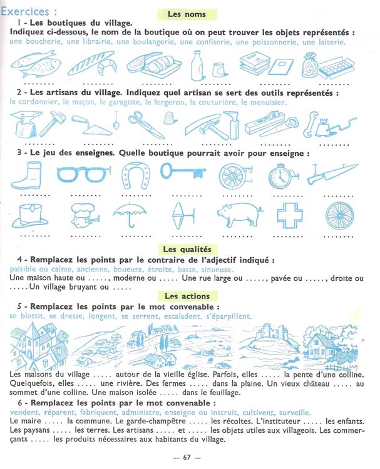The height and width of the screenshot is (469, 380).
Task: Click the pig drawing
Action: tap(240, 214)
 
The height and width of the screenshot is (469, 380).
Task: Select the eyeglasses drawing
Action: tap(83, 174)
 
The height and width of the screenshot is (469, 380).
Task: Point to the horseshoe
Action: tap(136, 176)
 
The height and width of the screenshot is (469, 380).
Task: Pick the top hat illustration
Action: tap(29, 216)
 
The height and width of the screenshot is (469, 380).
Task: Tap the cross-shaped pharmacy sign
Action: tap(290, 215)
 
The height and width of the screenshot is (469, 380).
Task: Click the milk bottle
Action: tap(197, 66)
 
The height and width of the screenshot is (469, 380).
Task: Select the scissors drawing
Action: tap(146, 125)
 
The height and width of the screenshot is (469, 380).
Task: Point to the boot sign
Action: tap(26, 176)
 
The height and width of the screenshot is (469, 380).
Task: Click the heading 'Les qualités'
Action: tap(187, 249)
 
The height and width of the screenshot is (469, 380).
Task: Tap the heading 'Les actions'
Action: tap(187, 296)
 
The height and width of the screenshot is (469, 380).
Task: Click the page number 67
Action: tap(187, 457)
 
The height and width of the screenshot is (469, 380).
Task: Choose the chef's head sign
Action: tap(85, 215)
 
